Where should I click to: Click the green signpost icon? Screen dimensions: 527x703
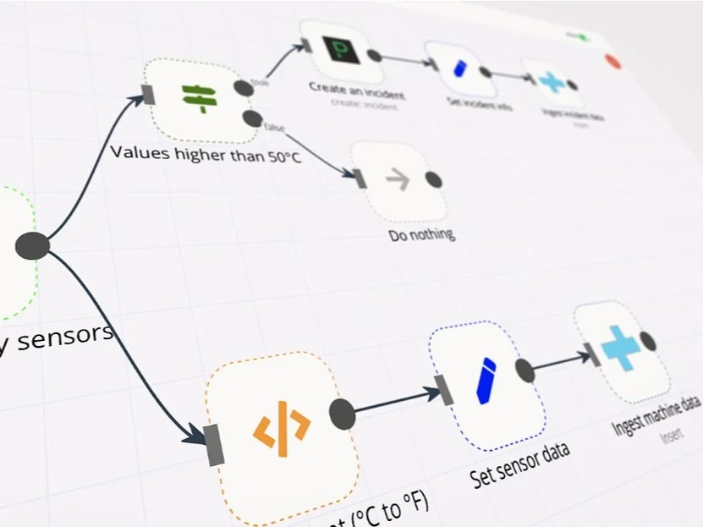(x=200, y=98)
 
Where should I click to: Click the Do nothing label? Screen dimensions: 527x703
(x=421, y=233)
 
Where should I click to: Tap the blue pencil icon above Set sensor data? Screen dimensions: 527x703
(x=485, y=381)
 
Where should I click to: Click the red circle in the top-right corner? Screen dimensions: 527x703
(x=613, y=62)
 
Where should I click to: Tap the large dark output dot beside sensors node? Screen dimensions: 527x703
(x=32, y=245)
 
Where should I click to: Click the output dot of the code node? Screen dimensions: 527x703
(x=342, y=413)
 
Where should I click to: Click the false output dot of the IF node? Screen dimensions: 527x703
(x=250, y=118)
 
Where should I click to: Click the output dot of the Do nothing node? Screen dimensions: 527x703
(x=433, y=179)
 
